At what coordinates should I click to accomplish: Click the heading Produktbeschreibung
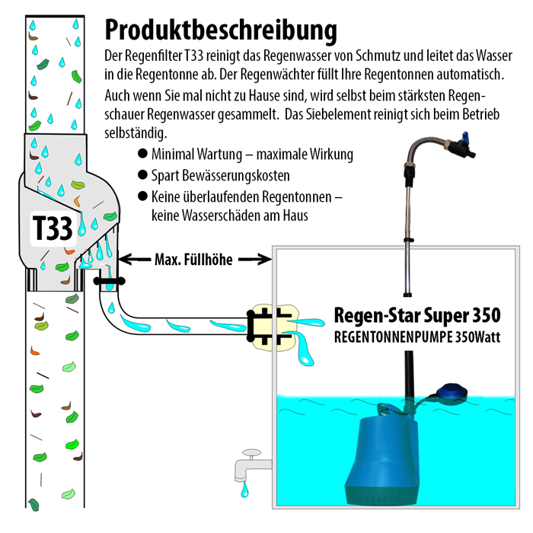(x=220, y=30)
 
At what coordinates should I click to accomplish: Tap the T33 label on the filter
(x=52, y=228)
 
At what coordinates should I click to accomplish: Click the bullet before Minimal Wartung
(x=142, y=153)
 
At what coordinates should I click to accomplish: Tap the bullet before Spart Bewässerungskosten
(x=142, y=175)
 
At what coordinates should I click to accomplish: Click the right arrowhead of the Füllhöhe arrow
(x=268, y=259)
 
